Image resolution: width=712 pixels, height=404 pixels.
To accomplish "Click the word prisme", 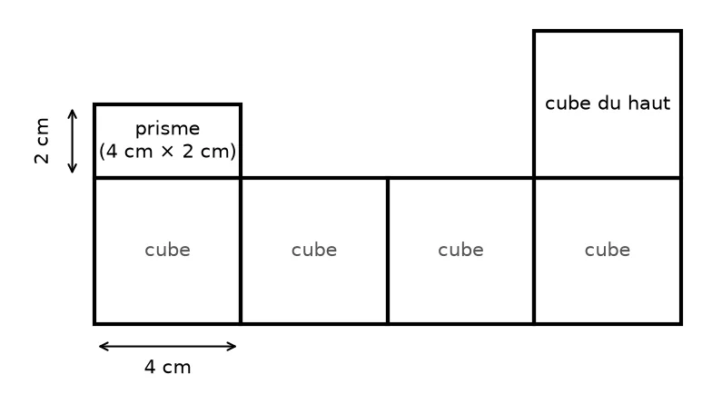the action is (x=167, y=129).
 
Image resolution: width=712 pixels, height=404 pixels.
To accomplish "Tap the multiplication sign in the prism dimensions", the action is (x=167, y=151).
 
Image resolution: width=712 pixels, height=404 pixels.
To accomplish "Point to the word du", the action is (x=608, y=103).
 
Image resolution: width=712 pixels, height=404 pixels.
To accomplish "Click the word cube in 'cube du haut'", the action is (x=568, y=103).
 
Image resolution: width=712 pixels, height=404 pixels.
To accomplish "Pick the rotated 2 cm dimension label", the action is (x=42, y=140).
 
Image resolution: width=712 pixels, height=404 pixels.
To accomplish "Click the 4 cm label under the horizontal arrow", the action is (x=167, y=367).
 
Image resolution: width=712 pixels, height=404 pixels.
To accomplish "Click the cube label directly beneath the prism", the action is (x=167, y=251).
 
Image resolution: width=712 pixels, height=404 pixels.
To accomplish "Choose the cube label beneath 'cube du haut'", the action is (x=608, y=251).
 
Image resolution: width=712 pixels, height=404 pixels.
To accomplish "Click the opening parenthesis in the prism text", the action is (x=102, y=152).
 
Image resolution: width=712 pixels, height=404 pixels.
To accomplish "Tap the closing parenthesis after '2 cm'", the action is (x=232, y=152).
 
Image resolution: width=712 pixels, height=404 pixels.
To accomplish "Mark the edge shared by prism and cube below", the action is (x=167, y=178).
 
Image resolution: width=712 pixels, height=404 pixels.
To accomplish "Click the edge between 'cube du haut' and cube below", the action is (x=608, y=178).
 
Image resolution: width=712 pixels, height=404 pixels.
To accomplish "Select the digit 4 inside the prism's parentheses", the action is (x=112, y=151).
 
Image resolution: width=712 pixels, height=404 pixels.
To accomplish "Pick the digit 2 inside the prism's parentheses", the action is (x=188, y=151).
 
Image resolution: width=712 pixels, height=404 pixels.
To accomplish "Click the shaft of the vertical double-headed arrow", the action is (x=73, y=142).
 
